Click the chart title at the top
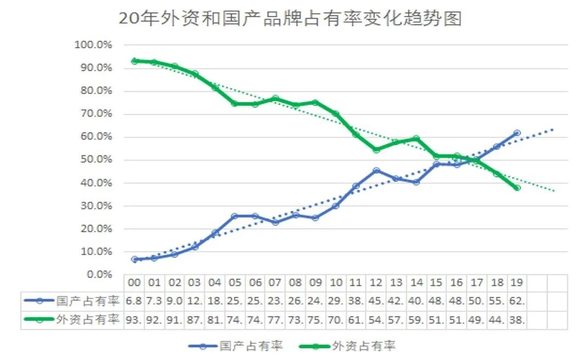(290, 18)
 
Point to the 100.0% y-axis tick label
(93, 45)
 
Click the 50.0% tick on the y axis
(95, 159)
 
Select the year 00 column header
(135, 283)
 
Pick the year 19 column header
(517, 283)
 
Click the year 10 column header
(336, 283)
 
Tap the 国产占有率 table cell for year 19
(517, 301)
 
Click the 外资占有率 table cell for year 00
(135, 319)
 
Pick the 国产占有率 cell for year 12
(376, 301)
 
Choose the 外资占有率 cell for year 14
(416, 319)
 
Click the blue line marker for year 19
(517, 133)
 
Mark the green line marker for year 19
(517, 187)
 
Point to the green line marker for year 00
(135, 61)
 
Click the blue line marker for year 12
(376, 170)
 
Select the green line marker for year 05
(235, 103)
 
